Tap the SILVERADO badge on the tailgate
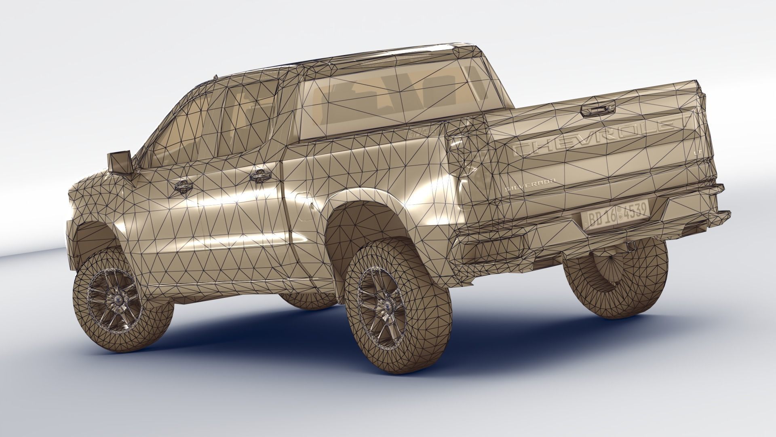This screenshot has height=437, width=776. (529, 184)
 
